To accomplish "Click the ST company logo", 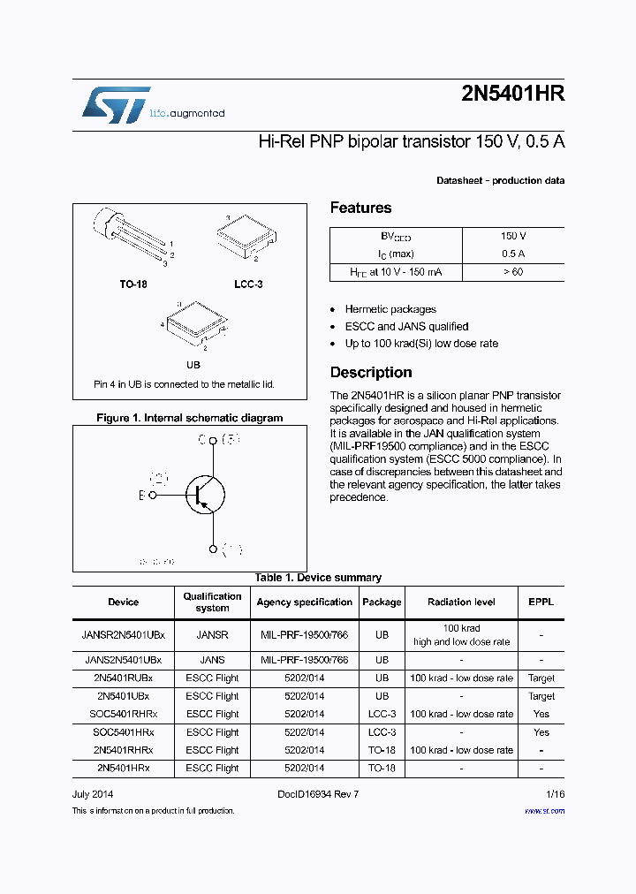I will tap(116, 105).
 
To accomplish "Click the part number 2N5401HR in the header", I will tap(512, 95).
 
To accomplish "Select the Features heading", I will tap(360, 208).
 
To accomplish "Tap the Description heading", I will tap(371, 372).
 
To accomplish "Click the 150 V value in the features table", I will tap(513, 237).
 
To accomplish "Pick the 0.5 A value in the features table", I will tap(513, 254).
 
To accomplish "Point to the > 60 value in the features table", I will tap(513, 271).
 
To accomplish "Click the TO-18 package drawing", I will tap(128, 237).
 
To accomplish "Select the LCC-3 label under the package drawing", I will tap(248, 284).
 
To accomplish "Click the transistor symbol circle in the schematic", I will tap(205, 496).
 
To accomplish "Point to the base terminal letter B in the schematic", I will tap(140, 496).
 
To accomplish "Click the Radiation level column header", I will tap(461, 602).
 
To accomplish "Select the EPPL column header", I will tap(541, 602).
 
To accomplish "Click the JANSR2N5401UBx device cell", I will tap(124, 634).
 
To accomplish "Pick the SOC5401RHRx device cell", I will tap(124, 714).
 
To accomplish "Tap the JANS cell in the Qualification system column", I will tap(212, 660).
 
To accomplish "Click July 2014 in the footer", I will tap(93, 794).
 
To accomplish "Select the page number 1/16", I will tap(555, 794).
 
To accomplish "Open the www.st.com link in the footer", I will tap(544, 810).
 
